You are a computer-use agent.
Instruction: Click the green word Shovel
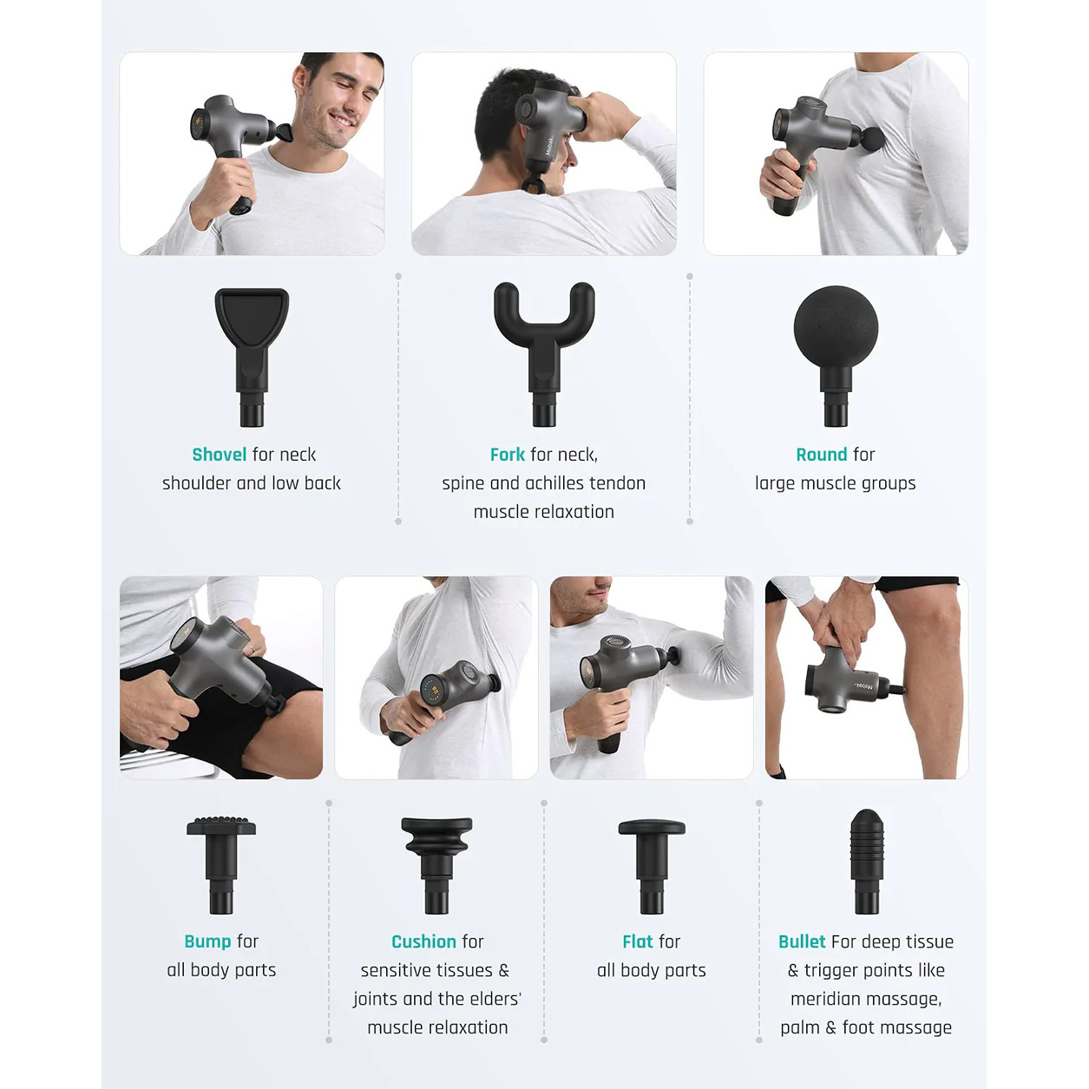[220, 455]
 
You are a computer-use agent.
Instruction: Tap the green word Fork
[508, 455]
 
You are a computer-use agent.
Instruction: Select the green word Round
[821, 455]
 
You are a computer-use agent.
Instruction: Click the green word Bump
[207, 941]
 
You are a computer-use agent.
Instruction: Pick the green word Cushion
[423, 941]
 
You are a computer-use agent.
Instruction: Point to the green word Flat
[637, 941]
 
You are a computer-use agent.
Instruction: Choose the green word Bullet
[802, 941]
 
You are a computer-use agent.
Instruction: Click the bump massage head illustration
[221, 865]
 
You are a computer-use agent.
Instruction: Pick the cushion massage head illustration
[436, 865]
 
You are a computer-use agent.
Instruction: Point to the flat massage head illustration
[652, 866]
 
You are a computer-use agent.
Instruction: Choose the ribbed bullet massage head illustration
[867, 862]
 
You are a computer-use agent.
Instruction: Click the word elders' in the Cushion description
[490, 999]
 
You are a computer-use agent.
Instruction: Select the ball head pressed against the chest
[871, 139]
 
